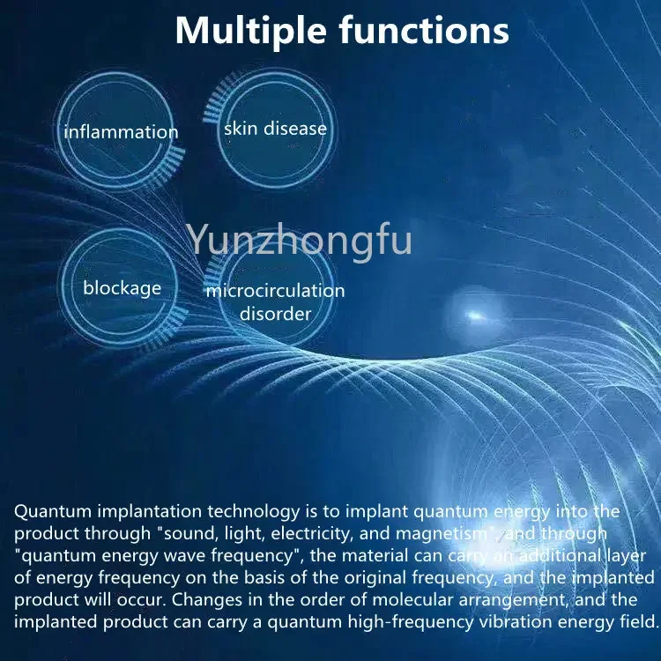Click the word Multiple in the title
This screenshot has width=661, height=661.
coord(251,30)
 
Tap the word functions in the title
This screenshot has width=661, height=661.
coord(424,29)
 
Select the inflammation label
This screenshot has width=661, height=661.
coord(121,132)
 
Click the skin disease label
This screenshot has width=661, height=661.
coord(275,129)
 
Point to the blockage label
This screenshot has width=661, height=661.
coord(123,289)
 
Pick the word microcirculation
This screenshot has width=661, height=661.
coord(275,291)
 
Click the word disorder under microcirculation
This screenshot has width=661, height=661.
coord(275,314)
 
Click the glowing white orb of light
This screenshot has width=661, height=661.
coord(476,316)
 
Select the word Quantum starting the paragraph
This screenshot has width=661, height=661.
coord(53,512)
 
